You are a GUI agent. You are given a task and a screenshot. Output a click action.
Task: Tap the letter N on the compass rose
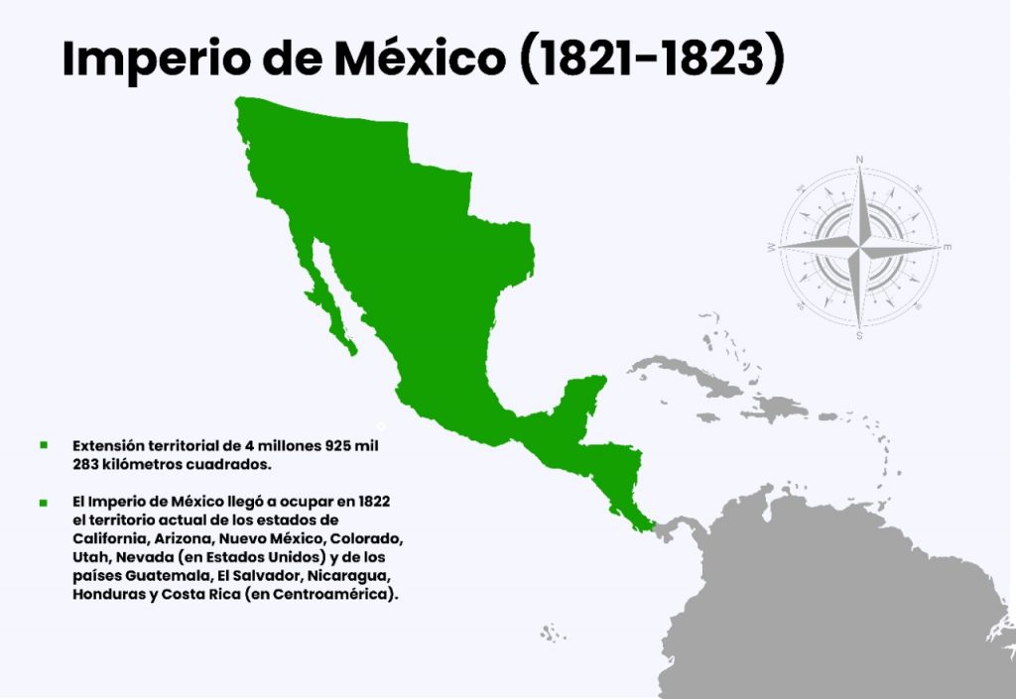(x=859, y=160)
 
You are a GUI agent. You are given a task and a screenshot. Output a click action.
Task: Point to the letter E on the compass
(x=947, y=246)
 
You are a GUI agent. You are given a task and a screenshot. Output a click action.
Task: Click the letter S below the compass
(x=859, y=335)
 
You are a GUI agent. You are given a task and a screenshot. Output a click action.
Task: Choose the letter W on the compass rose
(x=771, y=246)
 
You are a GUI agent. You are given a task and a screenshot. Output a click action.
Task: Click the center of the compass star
(x=859, y=245)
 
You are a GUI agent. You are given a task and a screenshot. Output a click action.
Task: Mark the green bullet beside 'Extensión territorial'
(x=43, y=445)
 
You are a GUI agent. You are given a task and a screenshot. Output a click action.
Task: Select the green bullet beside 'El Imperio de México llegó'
(x=43, y=503)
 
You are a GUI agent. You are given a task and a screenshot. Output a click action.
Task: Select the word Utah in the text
(x=89, y=557)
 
